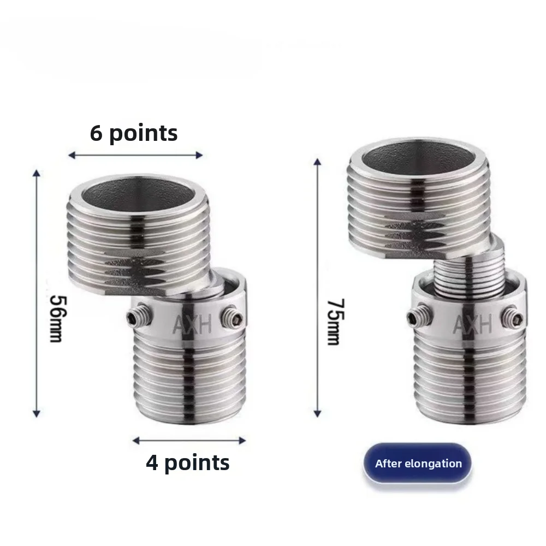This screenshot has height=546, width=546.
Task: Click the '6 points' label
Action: point(134,133)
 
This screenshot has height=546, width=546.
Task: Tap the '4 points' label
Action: point(187,463)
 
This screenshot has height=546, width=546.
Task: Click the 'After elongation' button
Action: point(418,464)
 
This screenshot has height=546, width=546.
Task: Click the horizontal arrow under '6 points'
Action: point(135,155)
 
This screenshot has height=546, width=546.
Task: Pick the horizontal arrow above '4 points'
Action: point(189,440)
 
